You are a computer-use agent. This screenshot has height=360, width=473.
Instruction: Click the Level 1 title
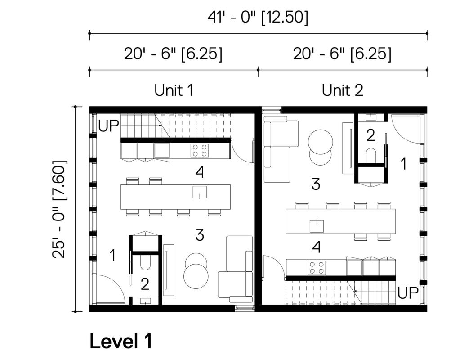tap(120, 341)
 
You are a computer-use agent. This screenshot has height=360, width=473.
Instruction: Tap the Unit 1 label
tap(174, 90)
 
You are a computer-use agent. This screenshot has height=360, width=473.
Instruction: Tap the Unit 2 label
tap(342, 90)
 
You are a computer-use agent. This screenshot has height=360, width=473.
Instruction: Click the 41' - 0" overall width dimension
tap(258, 17)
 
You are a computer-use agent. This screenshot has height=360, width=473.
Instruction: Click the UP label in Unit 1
tap(109, 126)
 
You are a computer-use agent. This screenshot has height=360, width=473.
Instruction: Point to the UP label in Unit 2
tap(408, 292)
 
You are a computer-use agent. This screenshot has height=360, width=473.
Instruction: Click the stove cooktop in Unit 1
tap(200, 150)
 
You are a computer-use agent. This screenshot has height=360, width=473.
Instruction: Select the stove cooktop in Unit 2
tap(317, 268)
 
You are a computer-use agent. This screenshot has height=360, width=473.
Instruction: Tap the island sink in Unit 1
tap(200, 193)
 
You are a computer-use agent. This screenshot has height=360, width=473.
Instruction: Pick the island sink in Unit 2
tap(317, 226)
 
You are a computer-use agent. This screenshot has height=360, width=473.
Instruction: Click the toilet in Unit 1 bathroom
tap(145, 262)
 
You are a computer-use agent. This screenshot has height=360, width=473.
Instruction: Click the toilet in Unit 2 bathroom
tap(371, 156)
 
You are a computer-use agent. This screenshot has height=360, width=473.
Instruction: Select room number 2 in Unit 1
tap(145, 284)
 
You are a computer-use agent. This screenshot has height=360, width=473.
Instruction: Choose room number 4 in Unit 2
tap(316, 247)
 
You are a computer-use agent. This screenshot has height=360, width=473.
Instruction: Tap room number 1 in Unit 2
tap(404, 164)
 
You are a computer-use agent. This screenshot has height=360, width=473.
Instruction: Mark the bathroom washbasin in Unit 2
tap(371, 117)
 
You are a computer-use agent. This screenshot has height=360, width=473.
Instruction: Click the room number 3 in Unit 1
tap(200, 235)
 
